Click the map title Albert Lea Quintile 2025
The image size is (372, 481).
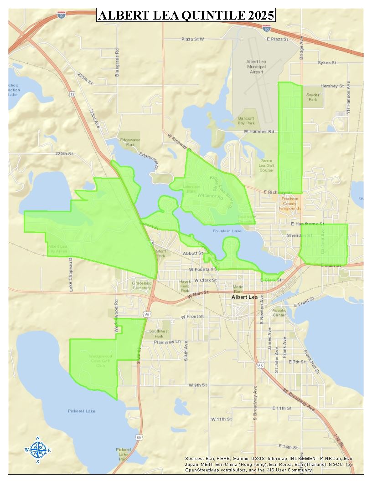186,15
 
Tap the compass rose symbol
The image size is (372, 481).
38,450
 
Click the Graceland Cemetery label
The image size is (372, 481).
141,286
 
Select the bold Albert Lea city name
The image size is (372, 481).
244,297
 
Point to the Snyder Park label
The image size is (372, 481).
312,97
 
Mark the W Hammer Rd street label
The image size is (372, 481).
258,131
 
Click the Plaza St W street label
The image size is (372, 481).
193,40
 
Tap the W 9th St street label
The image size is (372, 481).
198,385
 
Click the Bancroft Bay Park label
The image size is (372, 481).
246,120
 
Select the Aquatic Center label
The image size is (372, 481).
279,312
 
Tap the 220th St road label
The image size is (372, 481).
64,154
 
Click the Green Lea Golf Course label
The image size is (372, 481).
266,165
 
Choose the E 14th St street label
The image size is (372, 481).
288,447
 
